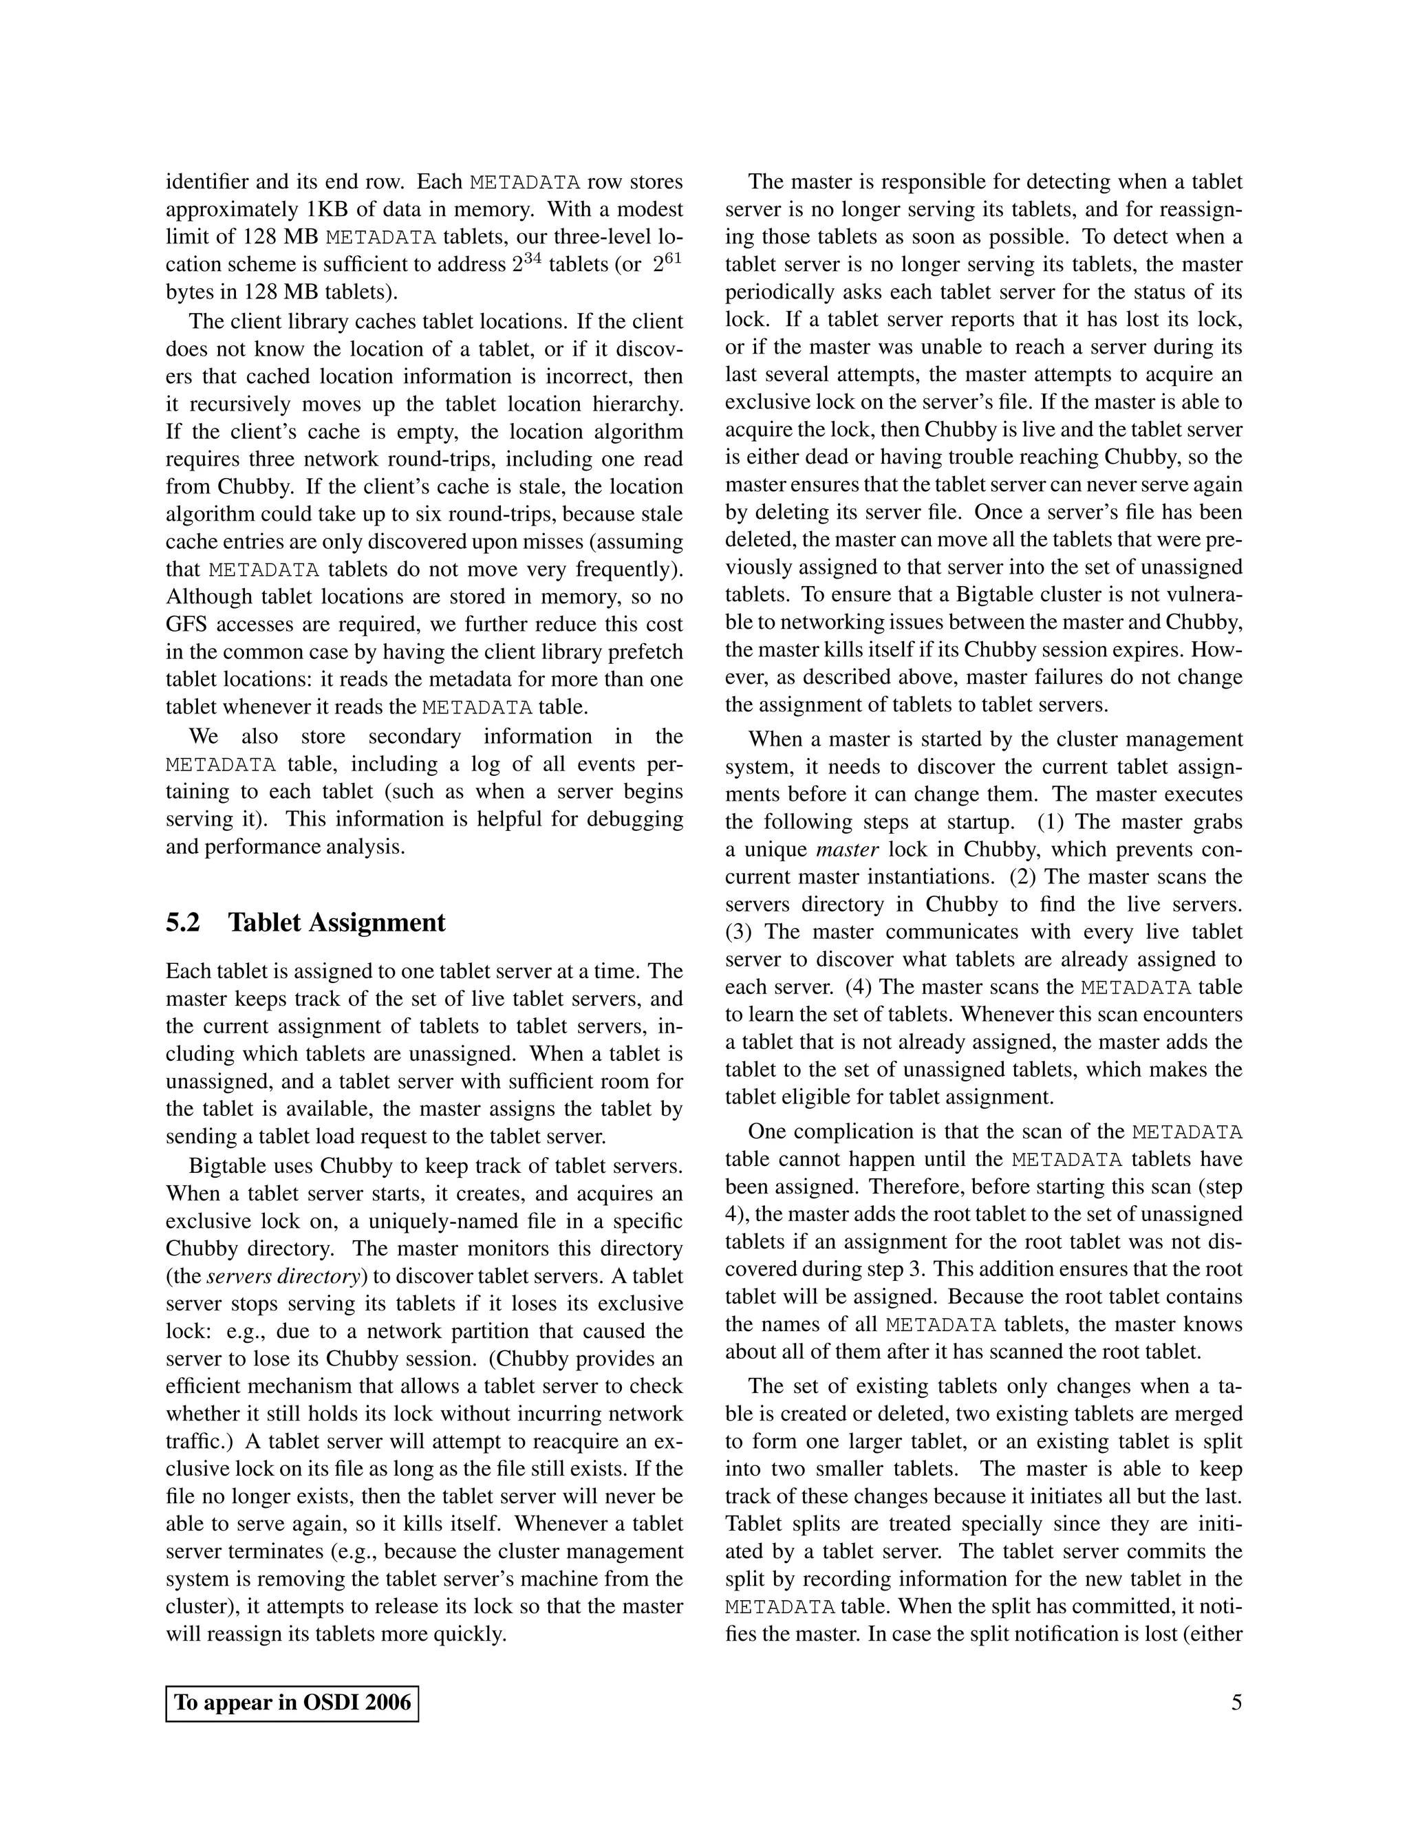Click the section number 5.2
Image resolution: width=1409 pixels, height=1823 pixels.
183,923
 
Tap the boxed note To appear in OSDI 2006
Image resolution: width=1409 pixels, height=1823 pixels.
292,1703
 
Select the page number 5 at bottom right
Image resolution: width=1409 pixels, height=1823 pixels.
1236,1703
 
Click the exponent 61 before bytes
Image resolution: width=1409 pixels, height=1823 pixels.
672,257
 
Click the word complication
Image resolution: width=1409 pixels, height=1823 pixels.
860,1132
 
